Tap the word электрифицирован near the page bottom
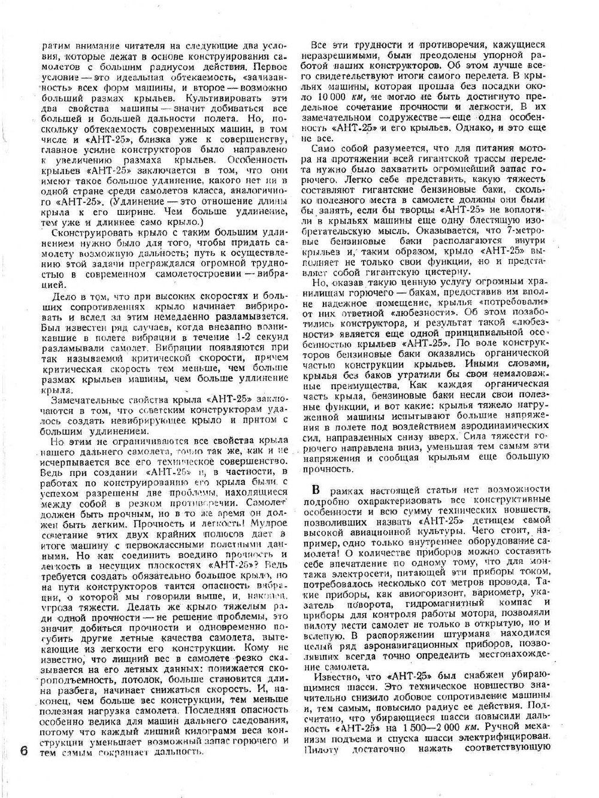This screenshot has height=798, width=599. [504, 736]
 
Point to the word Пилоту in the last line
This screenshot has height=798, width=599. [322, 748]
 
